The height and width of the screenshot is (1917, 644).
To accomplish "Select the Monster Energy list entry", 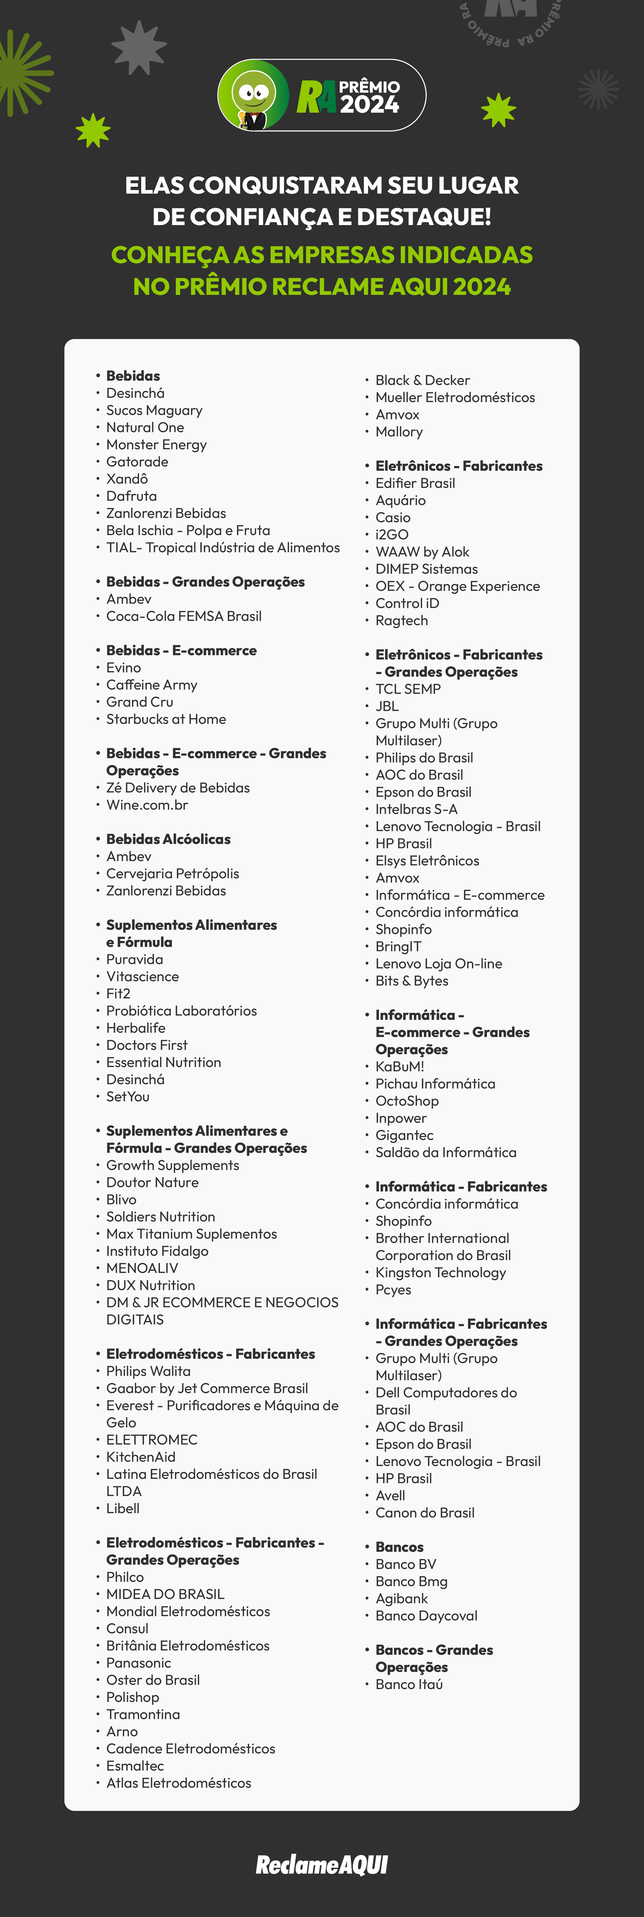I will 156,444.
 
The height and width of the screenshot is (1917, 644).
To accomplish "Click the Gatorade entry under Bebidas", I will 137,461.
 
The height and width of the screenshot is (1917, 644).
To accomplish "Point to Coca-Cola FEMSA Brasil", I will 184,616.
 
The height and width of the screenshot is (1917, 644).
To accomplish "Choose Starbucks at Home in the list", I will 166,719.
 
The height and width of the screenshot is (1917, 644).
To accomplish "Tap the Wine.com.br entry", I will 147,804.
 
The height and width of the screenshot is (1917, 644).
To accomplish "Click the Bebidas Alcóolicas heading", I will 168,839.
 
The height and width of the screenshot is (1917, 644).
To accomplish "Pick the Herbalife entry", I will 135,1028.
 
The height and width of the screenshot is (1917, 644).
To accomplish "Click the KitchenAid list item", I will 141,1456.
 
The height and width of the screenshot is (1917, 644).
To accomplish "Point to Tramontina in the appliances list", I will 143,1714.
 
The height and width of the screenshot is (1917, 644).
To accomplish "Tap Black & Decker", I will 422,380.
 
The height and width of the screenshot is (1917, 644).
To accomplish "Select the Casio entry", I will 392,517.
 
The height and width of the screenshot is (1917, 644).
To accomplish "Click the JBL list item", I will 387,706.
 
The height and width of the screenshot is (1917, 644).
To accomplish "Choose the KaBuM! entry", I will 400,1066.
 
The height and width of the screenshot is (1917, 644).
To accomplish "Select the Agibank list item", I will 401,1598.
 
